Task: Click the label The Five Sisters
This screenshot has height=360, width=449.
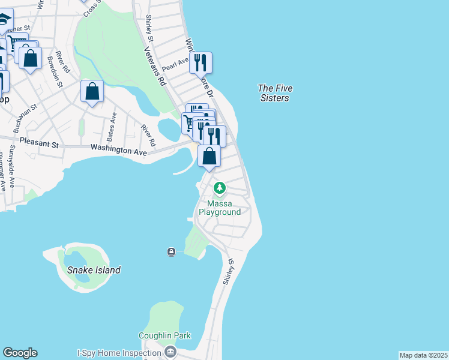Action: pos(275,93)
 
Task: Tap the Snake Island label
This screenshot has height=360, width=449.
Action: pos(94,270)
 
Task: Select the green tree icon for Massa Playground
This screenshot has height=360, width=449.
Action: pos(220,188)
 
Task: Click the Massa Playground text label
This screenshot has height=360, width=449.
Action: pos(220,208)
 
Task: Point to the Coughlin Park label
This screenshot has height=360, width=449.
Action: pos(164,335)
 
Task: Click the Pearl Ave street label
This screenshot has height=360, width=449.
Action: pos(175,64)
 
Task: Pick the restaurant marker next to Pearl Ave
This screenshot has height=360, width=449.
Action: pos(201,62)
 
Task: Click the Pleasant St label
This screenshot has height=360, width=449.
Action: pos(40,144)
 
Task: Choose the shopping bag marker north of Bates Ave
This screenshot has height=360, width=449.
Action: pos(92,92)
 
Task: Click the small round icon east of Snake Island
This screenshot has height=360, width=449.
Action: pos(171,252)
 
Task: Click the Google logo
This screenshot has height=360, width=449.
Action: pos(20,353)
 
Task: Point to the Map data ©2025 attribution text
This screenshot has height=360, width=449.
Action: pos(423,355)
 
